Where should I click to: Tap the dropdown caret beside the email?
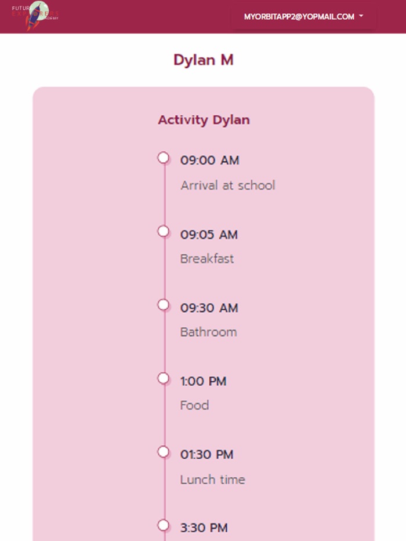(x=361, y=16)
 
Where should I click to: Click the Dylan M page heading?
(x=203, y=60)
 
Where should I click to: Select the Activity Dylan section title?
(x=204, y=120)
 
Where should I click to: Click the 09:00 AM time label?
(x=209, y=160)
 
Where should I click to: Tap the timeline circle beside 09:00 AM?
(x=164, y=158)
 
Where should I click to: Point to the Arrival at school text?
(x=227, y=185)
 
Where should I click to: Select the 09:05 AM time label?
(x=209, y=235)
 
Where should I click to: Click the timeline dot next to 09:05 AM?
(x=164, y=231)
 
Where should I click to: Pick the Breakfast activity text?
(x=207, y=259)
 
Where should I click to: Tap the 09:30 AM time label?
(x=209, y=308)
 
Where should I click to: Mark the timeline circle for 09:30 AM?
(x=164, y=305)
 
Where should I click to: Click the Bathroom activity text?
(x=208, y=332)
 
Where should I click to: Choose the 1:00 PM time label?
(x=203, y=381)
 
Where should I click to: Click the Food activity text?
(x=194, y=405)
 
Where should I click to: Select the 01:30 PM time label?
(x=206, y=455)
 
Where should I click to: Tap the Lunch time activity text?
(x=212, y=480)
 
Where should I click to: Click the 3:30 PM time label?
(x=204, y=528)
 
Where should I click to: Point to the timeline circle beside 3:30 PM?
(x=164, y=525)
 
